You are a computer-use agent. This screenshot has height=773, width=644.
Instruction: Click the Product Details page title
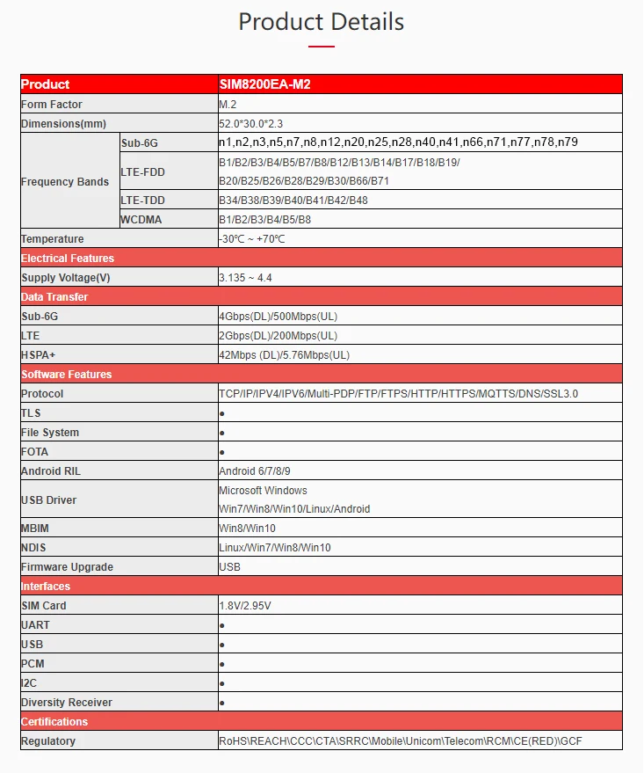[x=322, y=21]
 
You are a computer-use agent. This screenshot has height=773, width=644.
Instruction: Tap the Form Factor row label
[x=52, y=105]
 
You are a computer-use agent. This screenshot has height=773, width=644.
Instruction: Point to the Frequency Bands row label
[x=65, y=182]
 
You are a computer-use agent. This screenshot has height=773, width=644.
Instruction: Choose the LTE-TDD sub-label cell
[x=142, y=201]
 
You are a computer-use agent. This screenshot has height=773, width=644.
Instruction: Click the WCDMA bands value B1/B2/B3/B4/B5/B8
[x=264, y=220]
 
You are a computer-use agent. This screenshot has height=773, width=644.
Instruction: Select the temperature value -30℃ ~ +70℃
[x=252, y=239]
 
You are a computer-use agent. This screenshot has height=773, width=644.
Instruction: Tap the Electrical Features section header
[x=68, y=259]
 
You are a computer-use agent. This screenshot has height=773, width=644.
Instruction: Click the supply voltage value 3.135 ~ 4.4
[x=245, y=278]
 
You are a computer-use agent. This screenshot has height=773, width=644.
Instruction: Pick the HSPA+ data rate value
[x=284, y=355]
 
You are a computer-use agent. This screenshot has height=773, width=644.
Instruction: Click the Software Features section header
[x=66, y=375]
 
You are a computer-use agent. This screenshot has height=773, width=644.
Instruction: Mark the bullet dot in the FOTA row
[x=221, y=452]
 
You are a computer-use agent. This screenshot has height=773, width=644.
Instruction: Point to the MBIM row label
[x=35, y=529]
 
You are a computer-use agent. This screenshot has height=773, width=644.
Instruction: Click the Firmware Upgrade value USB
[x=229, y=567]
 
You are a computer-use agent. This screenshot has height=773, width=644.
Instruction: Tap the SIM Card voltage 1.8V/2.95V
[x=246, y=606]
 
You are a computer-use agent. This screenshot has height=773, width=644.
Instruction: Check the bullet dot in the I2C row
[x=221, y=683]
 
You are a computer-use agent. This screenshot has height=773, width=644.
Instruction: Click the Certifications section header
[x=54, y=722]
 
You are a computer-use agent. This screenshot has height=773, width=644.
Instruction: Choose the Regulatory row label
[x=48, y=741]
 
